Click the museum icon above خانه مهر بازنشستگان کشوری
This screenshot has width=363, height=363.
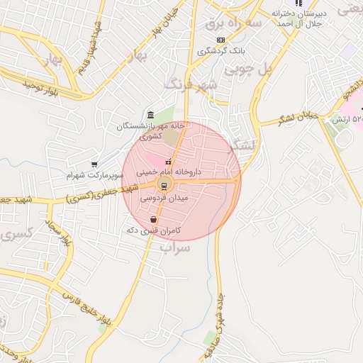pyautogui.click(x=150, y=115)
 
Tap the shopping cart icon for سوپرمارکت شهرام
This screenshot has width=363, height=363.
pyautogui.click(x=94, y=164)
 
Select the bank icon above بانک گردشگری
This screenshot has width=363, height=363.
pyautogui.click(x=221, y=39)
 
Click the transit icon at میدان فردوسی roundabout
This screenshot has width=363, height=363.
pyautogui.click(x=164, y=186)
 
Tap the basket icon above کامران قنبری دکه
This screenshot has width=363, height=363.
pyautogui.click(x=153, y=220)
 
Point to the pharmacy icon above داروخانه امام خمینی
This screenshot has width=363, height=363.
pyautogui.click(x=168, y=162)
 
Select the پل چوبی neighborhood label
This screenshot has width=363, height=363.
pyautogui.click(x=248, y=69)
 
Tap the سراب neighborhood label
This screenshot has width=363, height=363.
pyautogui.click(x=174, y=248)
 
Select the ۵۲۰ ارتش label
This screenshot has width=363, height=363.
pyautogui.click(x=347, y=118)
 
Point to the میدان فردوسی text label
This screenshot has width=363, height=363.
pyautogui.click(x=164, y=199)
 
